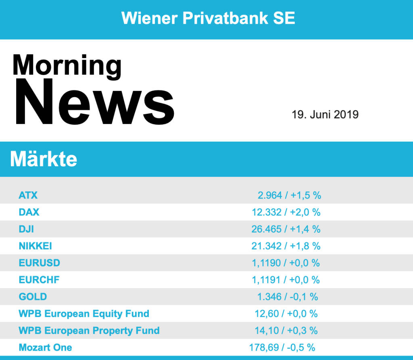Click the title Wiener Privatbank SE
pyautogui.click(x=208, y=18)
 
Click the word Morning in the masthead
pyautogui.click(x=67, y=65)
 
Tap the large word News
pyautogui.click(x=95, y=102)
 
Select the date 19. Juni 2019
pyautogui.click(x=325, y=115)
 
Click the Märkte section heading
pyautogui.click(x=44, y=159)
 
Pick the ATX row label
pyautogui.click(x=28, y=195)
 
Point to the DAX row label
pyautogui.click(x=29, y=212)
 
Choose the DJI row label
pyautogui.click(x=26, y=229)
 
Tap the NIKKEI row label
pyautogui.click(x=35, y=246)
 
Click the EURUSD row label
pyautogui.click(x=40, y=263)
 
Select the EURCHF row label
pyautogui.click(x=39, y=280)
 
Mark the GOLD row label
pyautogui.click(x=33, y=297)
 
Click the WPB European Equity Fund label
pyautogui.click(x=84, y=314)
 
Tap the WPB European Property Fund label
pyautogui.click(x=89, y=331)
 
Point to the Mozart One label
pyautogui.click(x=46, y=347)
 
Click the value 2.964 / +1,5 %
pyautogui.click(x=289, y=195)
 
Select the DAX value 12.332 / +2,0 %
pyautogui.click(x=286, y=212)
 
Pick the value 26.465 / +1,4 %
pyautogui.click(x=286, y=229)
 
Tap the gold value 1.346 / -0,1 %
pyautogui.click(x=288, y=297)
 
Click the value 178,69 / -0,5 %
pyautogui.click(x=282, y=347)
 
